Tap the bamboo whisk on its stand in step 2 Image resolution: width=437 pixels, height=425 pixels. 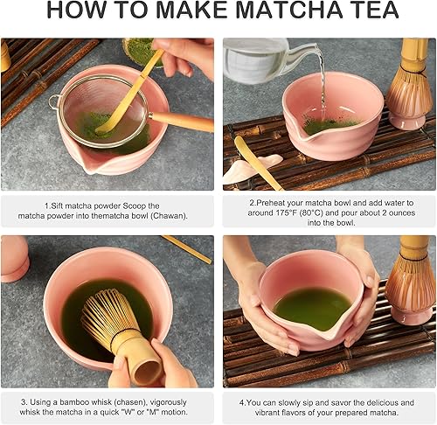point(411,87)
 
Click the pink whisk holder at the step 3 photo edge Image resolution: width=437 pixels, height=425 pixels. point(14,258)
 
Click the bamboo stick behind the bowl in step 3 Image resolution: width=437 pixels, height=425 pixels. point(187,249)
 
